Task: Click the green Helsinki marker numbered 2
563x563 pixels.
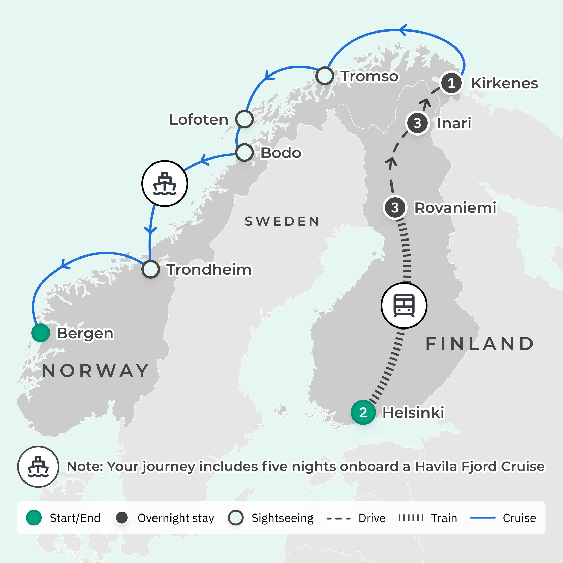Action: tap(363, 412)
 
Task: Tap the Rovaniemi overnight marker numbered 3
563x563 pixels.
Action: tap(395, 208)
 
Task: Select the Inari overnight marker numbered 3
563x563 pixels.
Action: tap(417, 123)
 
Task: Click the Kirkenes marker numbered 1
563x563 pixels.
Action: tap(451, 83)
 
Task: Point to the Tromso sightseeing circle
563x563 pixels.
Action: tap(325, 76)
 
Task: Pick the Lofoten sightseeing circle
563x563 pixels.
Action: tap(244, 119)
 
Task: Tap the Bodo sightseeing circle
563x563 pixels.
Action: tap(244, 152)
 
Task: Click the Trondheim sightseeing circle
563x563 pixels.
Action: tap(150, 269)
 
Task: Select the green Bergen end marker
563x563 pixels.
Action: tap(40, 333)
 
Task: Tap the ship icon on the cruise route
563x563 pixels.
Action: tap(165, 183)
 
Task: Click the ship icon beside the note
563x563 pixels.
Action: tap(38, 467)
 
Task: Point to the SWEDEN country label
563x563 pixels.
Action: tap(282, 222)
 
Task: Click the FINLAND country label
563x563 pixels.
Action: tap(479, 344)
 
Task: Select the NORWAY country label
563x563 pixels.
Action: tap(96, 371)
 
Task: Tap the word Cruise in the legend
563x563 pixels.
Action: tap(519, 518)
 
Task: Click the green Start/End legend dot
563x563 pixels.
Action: tap(34, 518)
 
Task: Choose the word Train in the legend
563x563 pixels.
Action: tap(444, 518)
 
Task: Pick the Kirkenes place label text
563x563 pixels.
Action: tap(504, 83)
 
